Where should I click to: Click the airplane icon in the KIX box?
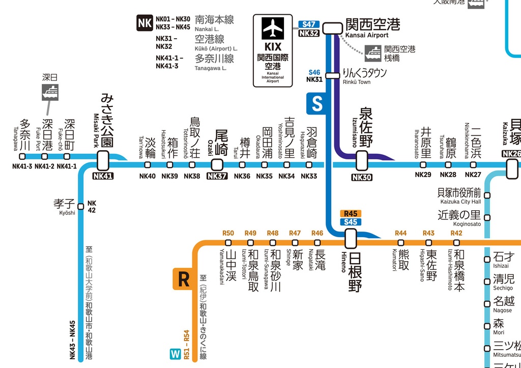(273, 29)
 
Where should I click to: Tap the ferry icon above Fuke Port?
(50, 92)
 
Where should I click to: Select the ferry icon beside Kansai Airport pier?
(373, 52)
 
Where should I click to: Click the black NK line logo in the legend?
(144, 23)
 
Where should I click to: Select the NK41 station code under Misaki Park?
(103, 177)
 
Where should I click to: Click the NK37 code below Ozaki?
(217, 177)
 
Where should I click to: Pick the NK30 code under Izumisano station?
(362, 177)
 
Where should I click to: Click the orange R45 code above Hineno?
(351, 214)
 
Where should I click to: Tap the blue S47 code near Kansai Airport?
(309, 24)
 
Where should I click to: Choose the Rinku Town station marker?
(332, 76)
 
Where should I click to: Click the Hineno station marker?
(351, 238)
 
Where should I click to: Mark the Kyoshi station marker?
(80, 206)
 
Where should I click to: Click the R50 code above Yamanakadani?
(228, 233)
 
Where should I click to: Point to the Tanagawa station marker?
(22, 157)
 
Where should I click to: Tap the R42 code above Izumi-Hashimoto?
(456, 233)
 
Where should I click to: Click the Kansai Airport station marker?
(333, 27)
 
